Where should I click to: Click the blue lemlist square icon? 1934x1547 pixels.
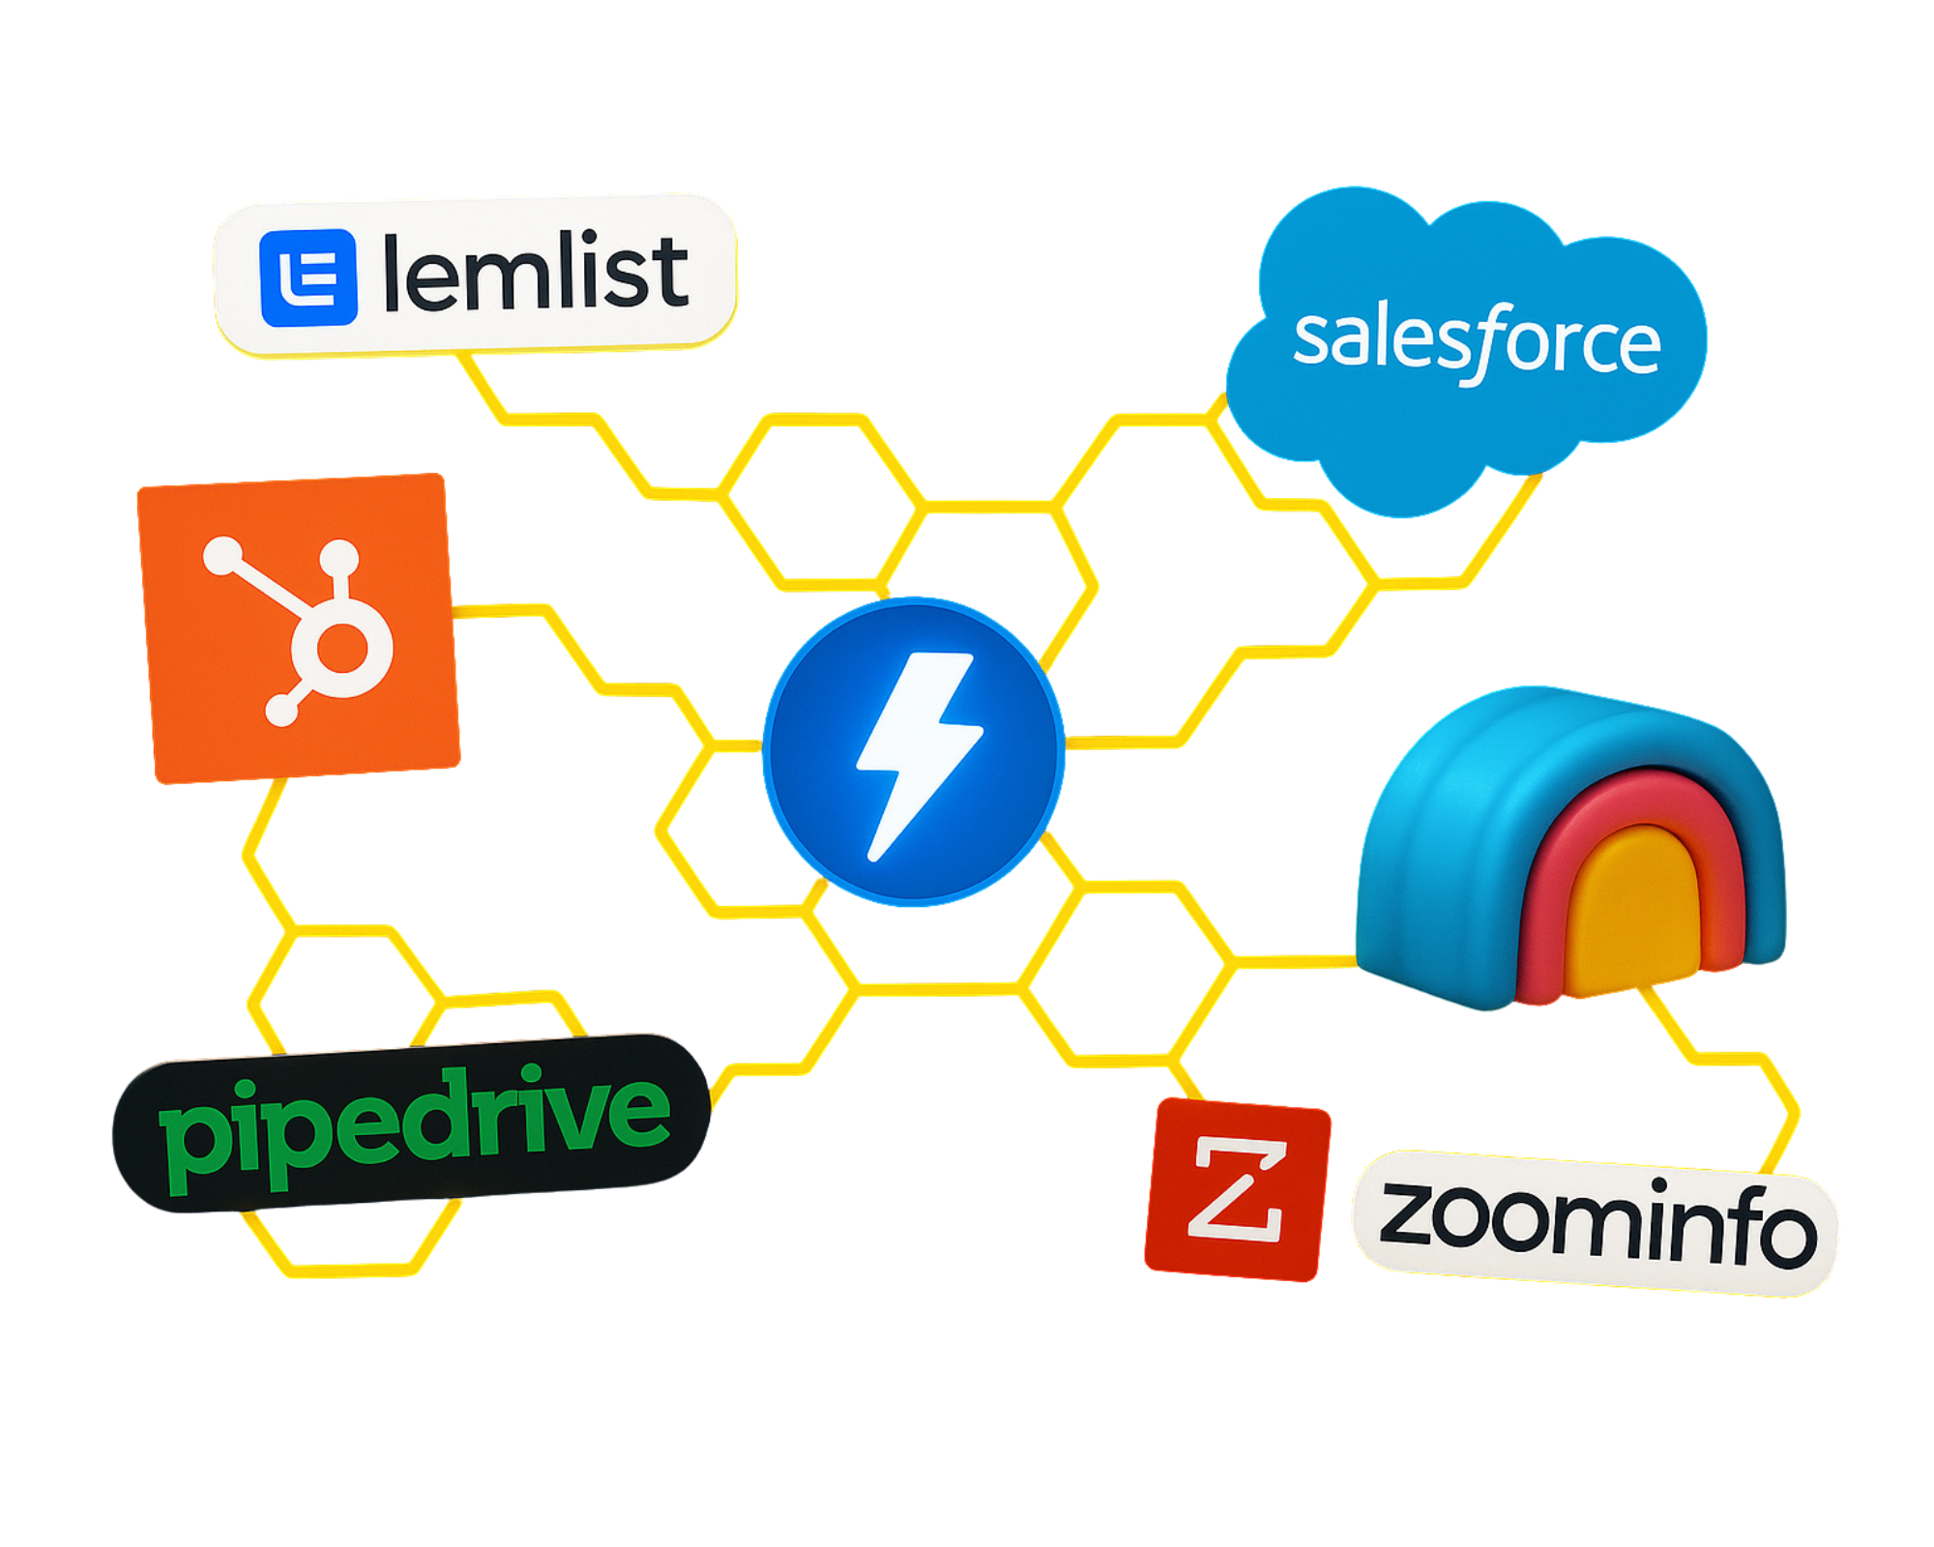pyautogui.click(x=308, y=277)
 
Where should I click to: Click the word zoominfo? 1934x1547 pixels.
pyautogui.click(x=1596, y=1223)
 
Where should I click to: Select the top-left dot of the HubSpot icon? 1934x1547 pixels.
pyautogui.click(x=222, y=556)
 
